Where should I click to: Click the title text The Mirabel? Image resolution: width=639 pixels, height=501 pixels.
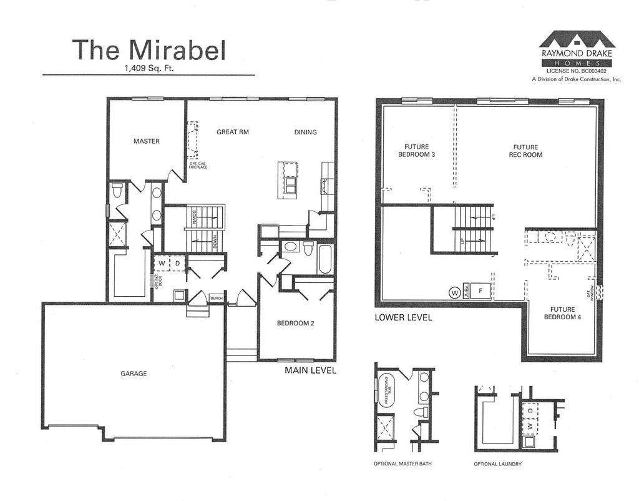click(149, 50)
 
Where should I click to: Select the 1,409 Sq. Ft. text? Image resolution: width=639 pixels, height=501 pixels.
click(149, 69)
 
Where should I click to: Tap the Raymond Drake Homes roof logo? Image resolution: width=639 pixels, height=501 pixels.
click(577, 40)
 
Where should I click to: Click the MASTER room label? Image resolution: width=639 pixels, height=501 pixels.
click(147, 141)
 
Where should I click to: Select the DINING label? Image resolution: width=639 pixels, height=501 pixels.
click(305, 132)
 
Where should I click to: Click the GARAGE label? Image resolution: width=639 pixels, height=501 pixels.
click(134, 374)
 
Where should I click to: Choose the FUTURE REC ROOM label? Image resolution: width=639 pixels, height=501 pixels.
click(525, 151)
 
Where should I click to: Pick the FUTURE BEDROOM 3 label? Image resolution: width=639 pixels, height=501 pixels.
click(416, 151)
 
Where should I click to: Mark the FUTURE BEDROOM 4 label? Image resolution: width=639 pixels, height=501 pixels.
click(562, 313)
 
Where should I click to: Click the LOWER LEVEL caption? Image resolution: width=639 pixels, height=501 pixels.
click(403, 317)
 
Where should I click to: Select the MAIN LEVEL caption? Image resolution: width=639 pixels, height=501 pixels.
click(310, 370)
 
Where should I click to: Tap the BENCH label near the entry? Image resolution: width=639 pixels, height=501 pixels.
click(216, 299)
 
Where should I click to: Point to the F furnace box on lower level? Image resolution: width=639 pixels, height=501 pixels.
click(480, 290)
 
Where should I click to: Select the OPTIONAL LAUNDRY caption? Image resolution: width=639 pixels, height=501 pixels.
click(498, 464)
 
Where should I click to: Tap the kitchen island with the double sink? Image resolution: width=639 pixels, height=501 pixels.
click(288, 180)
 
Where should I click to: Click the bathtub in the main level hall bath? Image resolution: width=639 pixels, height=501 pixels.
click(325, 258)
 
